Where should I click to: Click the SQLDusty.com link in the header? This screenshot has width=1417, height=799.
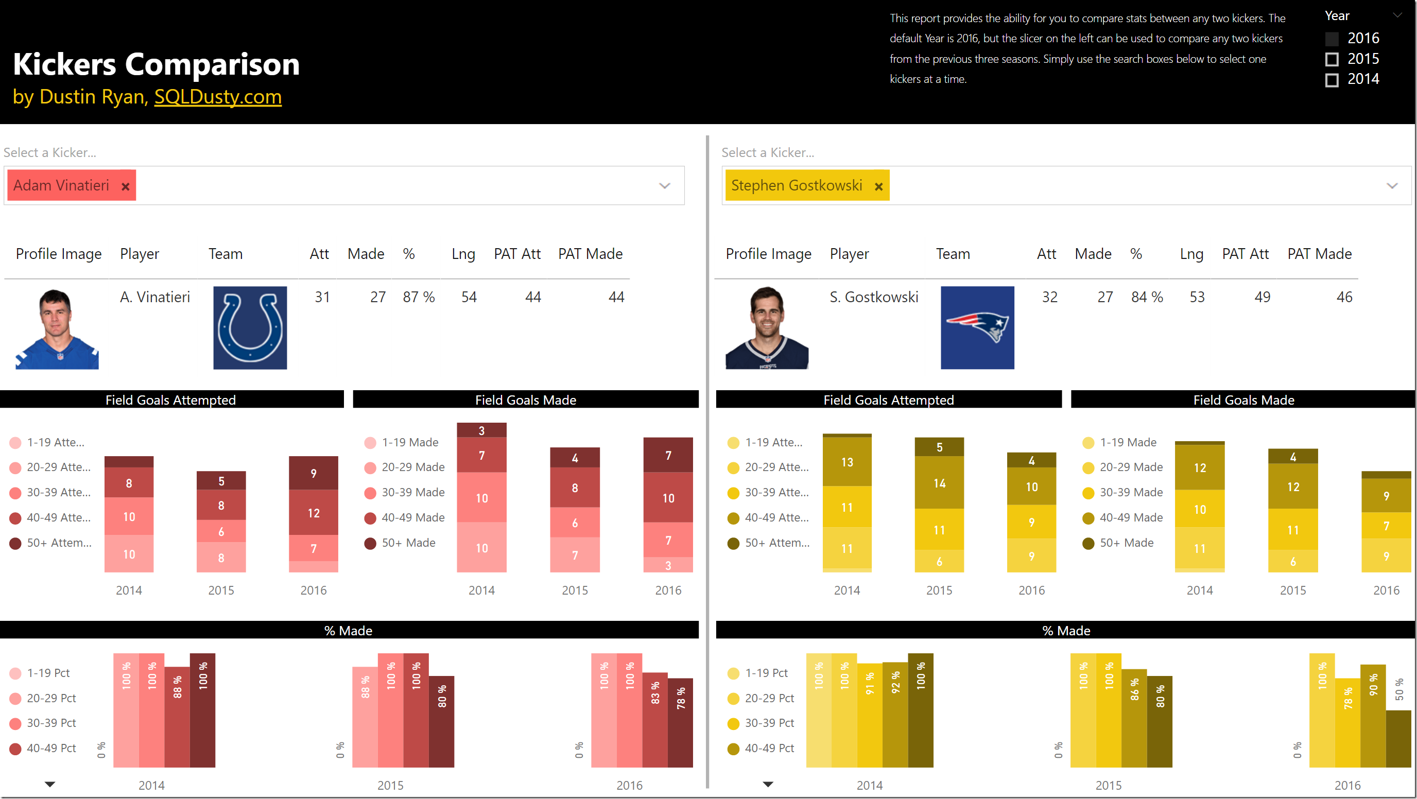point(218,97)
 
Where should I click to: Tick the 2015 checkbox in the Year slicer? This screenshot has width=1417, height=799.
point(1332,59)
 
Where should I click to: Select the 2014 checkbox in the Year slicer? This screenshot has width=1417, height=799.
point(1332,80)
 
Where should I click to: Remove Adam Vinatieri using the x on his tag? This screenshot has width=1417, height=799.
point(126,186)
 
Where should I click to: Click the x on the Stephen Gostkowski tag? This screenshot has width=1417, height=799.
point(878,186)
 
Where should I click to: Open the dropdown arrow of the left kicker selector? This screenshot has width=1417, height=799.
point(665,186)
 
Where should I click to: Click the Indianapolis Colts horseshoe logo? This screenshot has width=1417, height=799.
point(250,328)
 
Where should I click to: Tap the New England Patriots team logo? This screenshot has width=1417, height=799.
point(977,328)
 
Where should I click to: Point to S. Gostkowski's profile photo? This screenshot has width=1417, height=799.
point(767,328)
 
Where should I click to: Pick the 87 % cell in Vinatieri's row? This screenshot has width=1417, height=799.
point(419,298)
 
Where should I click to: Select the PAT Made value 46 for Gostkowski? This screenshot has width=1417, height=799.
point(1344,298)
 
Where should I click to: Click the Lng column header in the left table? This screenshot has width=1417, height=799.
point(463,254)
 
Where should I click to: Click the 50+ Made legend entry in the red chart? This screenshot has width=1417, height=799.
point(408,543)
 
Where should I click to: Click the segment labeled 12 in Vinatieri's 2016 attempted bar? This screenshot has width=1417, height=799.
point(314,513)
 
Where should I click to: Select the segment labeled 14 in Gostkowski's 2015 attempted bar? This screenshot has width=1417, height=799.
point(939,483)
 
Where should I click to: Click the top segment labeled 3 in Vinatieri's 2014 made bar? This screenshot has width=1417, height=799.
point(481,430)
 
